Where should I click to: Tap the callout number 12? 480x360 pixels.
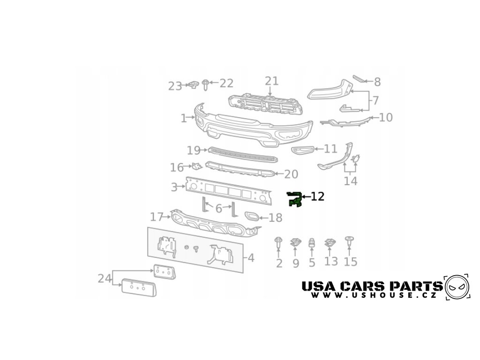click(317, 197)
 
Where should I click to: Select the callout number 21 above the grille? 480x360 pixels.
click(271, 81)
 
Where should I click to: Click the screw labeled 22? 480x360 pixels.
click(206, 84)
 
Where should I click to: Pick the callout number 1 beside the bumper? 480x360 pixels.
click(183, 118)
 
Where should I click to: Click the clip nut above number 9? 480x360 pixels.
click(295, 243)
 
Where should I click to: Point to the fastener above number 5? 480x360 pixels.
click(312, 243)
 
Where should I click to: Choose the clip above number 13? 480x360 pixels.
click(330, 243)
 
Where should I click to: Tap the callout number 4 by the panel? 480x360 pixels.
click(251, 258)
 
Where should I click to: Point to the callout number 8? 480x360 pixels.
click(377, 82)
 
